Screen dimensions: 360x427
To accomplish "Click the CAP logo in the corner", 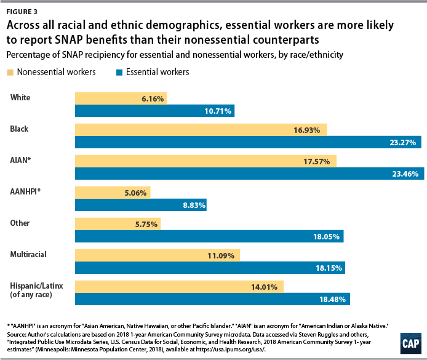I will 409,342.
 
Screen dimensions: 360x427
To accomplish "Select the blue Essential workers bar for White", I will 154,111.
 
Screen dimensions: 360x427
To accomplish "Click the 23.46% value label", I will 405,174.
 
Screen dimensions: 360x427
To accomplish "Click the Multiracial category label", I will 30,254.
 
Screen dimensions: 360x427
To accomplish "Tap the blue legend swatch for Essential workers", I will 120,72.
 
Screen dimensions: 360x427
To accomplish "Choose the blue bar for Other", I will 209,237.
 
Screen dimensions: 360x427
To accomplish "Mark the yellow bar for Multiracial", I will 157,254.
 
